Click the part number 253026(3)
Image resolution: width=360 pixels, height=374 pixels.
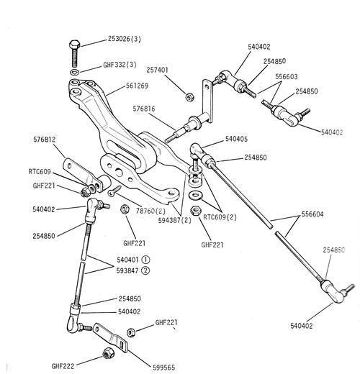[125, 39]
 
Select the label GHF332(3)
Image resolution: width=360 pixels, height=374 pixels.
[120, 65]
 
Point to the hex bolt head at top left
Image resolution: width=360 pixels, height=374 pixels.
[74, 45]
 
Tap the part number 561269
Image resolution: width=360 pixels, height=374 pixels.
[137, 86]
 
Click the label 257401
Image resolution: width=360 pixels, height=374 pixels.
[158, 70]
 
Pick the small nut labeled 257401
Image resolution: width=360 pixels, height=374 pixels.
[189, 97]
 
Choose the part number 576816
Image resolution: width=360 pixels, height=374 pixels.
[144, 109]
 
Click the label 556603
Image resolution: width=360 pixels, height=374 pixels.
[287, 77]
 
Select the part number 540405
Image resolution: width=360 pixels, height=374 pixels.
[236, 139]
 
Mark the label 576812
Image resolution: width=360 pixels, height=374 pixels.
[45, 140]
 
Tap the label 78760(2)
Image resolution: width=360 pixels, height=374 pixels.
[150, 211]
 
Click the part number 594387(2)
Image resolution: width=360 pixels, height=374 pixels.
[175, 220]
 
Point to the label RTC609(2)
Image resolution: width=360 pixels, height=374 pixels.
[220, 217]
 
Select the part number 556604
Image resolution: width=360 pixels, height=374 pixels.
[312, 214]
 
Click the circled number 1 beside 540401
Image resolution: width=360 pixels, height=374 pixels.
[145, 260]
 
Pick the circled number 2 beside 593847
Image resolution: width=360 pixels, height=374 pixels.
[145, 270]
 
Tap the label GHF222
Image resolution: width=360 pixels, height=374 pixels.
[63, 366]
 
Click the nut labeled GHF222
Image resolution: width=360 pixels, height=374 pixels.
[108, 353]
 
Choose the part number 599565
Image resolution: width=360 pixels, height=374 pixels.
[164, 368]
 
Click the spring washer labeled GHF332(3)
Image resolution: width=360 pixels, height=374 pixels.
[75, 72]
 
